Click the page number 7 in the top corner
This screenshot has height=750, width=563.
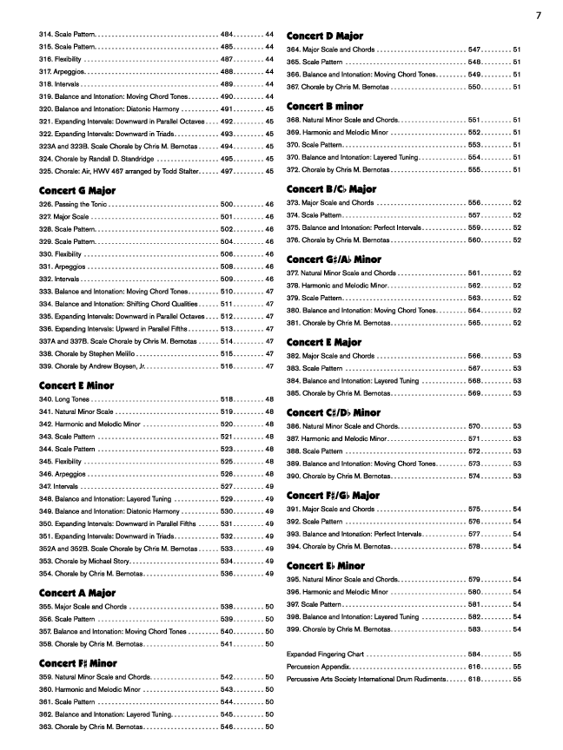point(539,14)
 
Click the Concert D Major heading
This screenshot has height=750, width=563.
point(325,36)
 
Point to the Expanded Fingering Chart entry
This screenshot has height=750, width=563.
point(326,653)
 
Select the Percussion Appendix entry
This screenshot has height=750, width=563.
point(320,666)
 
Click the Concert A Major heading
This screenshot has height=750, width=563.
point(77,593)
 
